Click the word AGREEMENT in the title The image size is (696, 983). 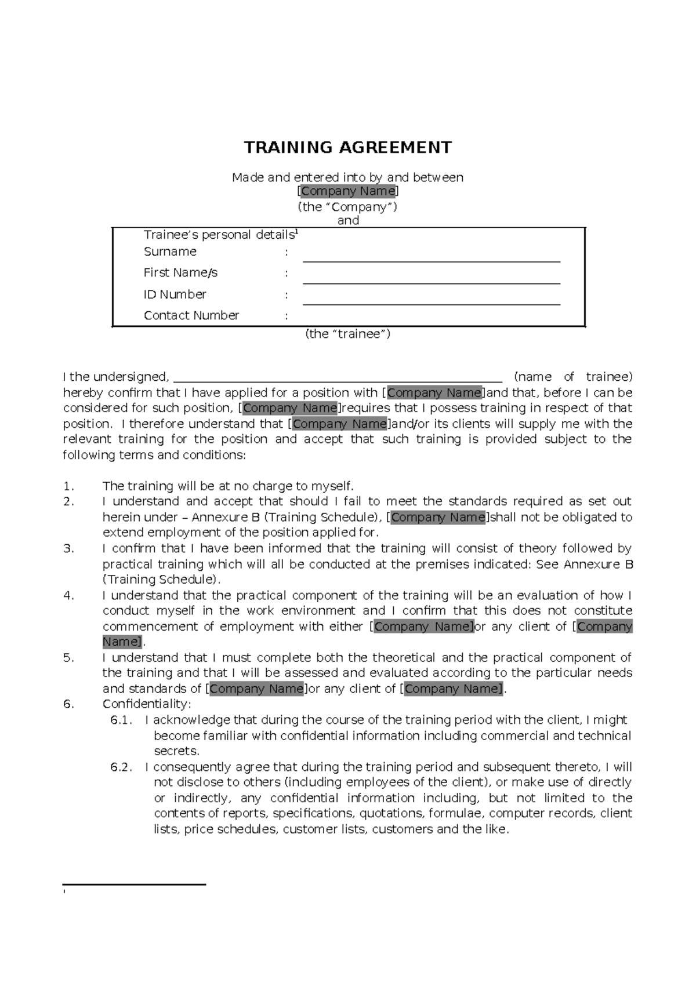click(395, 148)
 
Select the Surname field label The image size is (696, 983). click(170, 252)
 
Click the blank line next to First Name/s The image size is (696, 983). click(432, 283)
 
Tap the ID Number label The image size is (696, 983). click(175, 294)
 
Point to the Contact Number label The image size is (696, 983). click(191, 315)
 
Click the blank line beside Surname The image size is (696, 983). click(432, 261)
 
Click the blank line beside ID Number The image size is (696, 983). click(432, 304)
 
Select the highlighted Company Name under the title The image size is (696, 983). click(348, 191)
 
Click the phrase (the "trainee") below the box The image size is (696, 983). click(347, 334)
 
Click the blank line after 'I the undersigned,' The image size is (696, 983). click(338, 381)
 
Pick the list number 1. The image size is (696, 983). click(69, 486)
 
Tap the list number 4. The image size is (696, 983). click(69, 595)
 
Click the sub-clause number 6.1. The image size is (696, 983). click(121, 720)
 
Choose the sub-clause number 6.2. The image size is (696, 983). click(121, 767)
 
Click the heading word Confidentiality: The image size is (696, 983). click(147, 704)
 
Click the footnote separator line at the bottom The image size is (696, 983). click(135, 884)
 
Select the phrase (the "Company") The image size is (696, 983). click(347, 207)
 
